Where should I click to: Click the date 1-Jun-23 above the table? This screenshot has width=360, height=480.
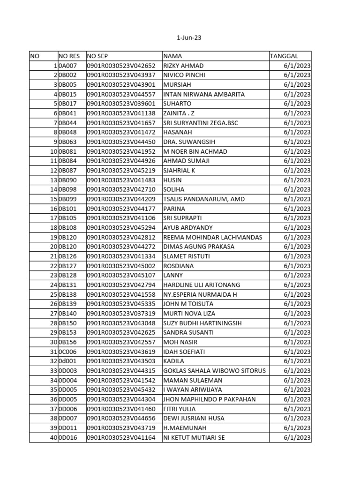189,37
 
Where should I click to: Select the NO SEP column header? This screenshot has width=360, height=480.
97,56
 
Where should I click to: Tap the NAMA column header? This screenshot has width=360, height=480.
172,56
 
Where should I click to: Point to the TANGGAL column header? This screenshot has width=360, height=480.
284,56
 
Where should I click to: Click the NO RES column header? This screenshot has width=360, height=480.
69,56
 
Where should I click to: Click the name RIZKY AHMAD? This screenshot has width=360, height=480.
183,66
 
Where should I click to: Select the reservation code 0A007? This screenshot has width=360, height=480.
67,66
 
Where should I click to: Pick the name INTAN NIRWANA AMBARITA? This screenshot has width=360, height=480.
204,94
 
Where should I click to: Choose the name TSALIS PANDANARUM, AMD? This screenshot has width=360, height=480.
203,199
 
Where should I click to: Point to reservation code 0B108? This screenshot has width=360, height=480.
67,228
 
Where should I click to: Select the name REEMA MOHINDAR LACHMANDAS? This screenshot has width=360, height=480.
212,237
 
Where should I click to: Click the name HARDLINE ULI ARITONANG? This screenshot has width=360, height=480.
202,285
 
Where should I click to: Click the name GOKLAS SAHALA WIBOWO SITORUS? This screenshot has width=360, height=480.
214,371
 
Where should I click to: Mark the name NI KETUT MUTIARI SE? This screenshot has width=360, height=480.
194,437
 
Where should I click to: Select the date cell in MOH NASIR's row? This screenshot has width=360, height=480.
297,342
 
